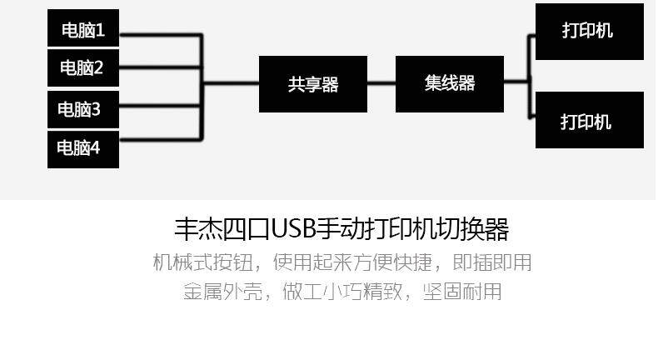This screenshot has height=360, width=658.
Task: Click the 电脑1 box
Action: pos(82,31)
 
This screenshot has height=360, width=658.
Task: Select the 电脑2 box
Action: pos(82,67)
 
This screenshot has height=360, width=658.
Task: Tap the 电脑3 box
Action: pos(82,108)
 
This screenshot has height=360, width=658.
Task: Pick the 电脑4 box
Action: pos(82,148)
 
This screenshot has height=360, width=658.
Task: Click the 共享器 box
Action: pos(312,83)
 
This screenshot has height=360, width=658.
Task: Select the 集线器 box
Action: pos(449,83)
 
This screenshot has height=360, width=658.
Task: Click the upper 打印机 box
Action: pos(589,31)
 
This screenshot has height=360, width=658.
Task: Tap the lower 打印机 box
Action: pos(589,121)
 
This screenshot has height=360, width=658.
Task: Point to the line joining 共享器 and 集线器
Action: pos(381,83)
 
